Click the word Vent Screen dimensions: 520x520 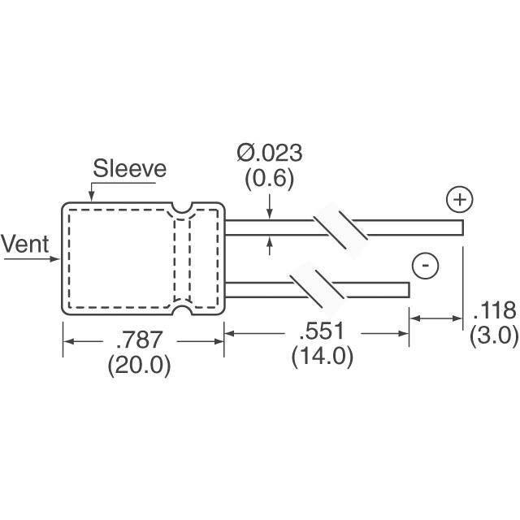25,243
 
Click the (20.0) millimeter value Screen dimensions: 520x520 139,366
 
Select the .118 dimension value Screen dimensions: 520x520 494,310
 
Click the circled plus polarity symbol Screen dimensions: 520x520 459,199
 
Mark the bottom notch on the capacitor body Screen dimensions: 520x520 183,309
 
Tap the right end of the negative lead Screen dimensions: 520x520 407,290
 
